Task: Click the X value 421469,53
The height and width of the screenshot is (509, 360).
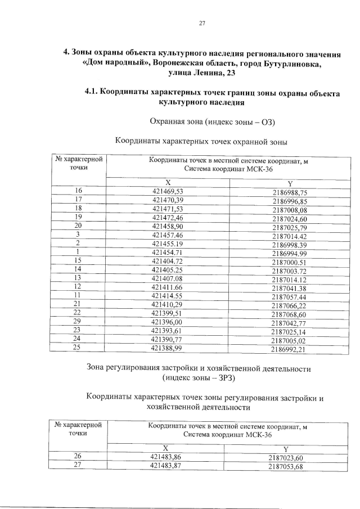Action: click(168, 191)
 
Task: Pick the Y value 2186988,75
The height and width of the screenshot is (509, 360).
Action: click(289, 192)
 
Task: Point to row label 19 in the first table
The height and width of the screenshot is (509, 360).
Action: click(79, 217)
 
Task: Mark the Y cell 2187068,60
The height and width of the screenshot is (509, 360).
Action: click(289, 313)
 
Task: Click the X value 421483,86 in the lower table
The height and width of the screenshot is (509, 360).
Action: click(165, 457)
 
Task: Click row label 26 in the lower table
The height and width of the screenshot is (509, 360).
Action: click(79, 457)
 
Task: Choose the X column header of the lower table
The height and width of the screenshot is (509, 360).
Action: click(165, 448)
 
